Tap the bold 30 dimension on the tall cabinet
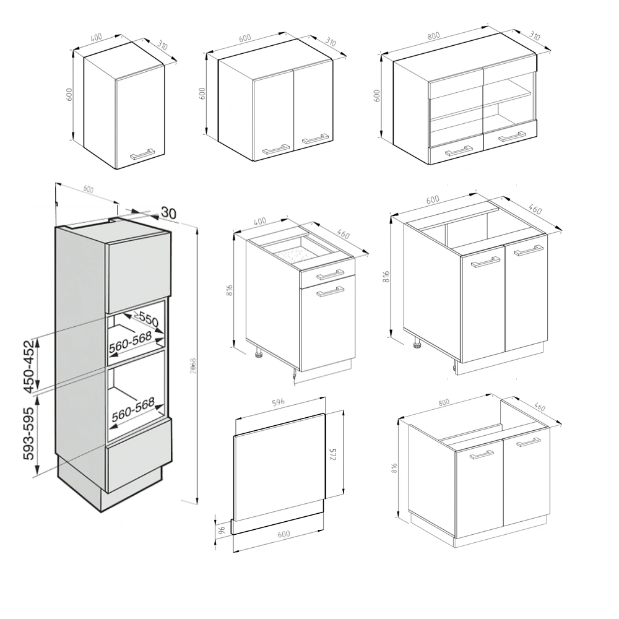(x=168, y=212)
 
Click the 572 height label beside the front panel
(x=332, y=455)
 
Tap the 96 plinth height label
(x=222, y=530)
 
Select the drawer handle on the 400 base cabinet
(x=330, y=274)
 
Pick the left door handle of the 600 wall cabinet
(x=276, y=148)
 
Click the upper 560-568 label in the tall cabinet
(x=131, y=348)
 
